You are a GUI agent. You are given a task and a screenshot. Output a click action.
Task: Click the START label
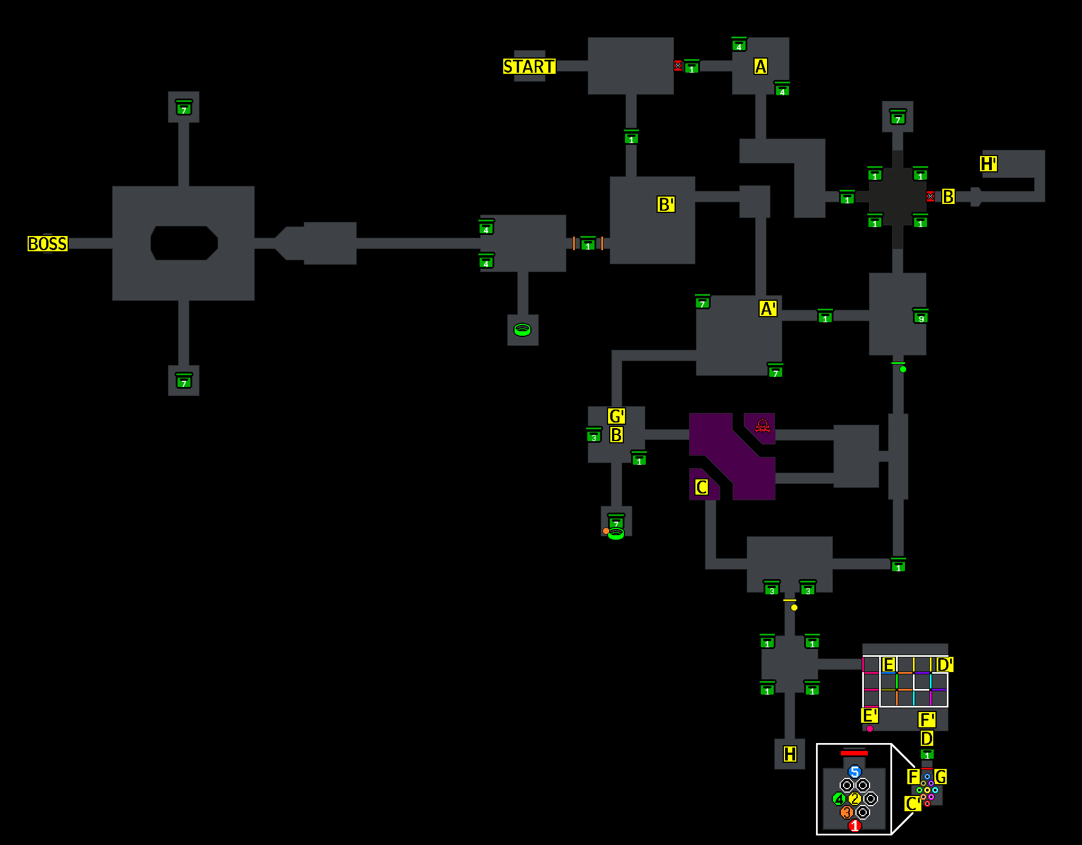pos(529,66)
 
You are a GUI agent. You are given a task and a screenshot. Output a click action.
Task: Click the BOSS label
pos(47,244)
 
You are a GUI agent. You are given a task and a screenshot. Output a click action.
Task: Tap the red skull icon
pos(762,426)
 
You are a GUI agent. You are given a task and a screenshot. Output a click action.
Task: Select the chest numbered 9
pos(921,317)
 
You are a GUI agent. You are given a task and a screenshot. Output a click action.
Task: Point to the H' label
pos(988,164)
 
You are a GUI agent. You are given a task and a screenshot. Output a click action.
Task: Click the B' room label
pos(666,204)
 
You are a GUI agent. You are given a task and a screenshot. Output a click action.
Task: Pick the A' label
pos(768,309)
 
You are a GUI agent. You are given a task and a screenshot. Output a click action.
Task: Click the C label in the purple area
pos(701,487)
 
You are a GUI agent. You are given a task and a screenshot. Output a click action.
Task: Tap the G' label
pos(616,416)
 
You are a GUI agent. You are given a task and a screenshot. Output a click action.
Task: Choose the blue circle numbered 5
pos(855,772)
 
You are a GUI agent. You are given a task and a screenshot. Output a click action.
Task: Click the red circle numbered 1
pos(855,826)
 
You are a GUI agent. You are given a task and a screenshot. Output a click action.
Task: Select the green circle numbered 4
pos(839,799)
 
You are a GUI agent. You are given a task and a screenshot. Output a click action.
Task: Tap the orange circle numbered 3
pos(846,812)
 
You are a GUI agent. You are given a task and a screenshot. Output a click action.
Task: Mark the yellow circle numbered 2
pos(855,799)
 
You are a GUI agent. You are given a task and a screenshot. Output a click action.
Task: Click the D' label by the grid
pos(944,665)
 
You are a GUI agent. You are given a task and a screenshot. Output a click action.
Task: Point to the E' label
pos(870,715)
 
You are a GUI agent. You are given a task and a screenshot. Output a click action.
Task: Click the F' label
pos(926,720)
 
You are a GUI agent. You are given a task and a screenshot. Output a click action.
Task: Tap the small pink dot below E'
pos(870,729)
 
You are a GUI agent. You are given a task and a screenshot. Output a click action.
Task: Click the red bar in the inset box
pos(854,753)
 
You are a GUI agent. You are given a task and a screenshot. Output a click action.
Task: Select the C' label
pos(912,804)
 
